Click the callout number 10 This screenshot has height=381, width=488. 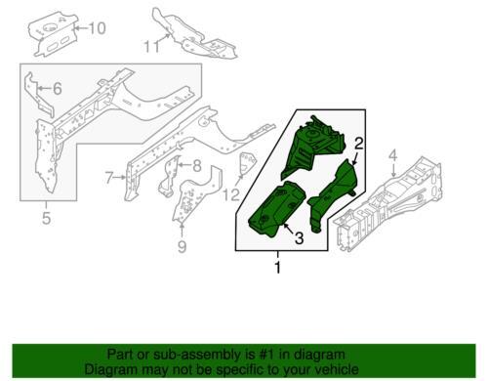tap(97, 28)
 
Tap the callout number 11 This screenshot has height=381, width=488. tap(152, 46)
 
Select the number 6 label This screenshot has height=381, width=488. tap(58, 88)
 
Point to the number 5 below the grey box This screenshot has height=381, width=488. tap(46, 218)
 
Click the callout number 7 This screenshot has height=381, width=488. tap(110, 178)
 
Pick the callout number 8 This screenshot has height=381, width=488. tap(197, 166)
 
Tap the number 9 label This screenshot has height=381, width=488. tap(183, 246)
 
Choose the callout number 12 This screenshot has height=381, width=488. tap(231, 194)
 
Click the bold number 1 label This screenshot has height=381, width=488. tap(277, 268)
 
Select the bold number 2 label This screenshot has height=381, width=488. tap(358, 144)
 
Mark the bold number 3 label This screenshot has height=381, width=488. tap(299, 237)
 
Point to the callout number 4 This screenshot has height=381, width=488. tap(393, 156)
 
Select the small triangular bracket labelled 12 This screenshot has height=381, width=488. tap(247, 163)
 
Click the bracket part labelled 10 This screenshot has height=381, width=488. tap(52, 34)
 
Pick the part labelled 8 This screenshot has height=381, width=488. tap(169, 176)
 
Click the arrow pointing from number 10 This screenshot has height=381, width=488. tap(81, 28)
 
